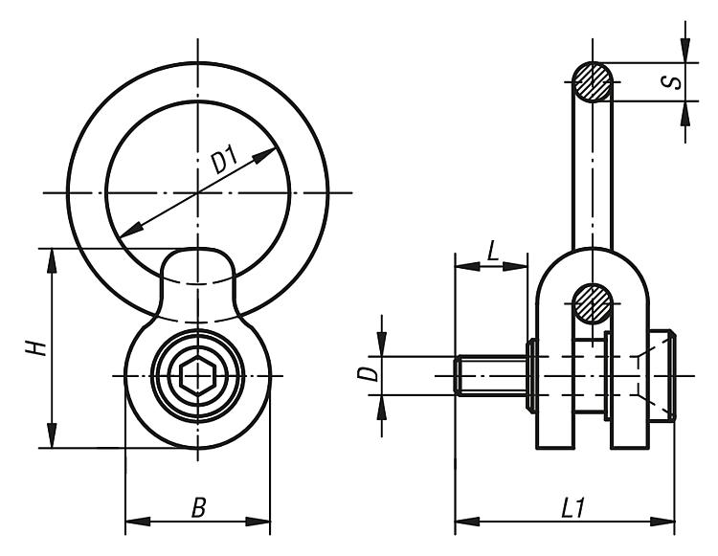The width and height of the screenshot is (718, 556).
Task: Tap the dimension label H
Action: point(36,347)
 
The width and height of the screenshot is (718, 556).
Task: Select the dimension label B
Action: point(199,507)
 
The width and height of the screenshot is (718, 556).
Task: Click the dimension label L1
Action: point(572,507)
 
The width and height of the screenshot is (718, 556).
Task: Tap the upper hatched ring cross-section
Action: point(593,82)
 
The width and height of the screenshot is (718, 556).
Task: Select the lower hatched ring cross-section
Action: point(593,303)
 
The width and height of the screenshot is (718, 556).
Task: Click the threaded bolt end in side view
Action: point(491,375)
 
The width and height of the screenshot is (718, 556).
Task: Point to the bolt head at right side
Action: point(662,376)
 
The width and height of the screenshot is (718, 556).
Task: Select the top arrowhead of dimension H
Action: point(52,261)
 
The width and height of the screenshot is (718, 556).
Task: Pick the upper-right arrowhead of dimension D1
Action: point(264,155)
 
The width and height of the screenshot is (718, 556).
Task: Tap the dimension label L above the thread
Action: point(492,252)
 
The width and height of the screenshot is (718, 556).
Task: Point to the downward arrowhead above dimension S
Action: point(685,51)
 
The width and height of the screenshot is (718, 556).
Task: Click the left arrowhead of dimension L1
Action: point(467,522)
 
